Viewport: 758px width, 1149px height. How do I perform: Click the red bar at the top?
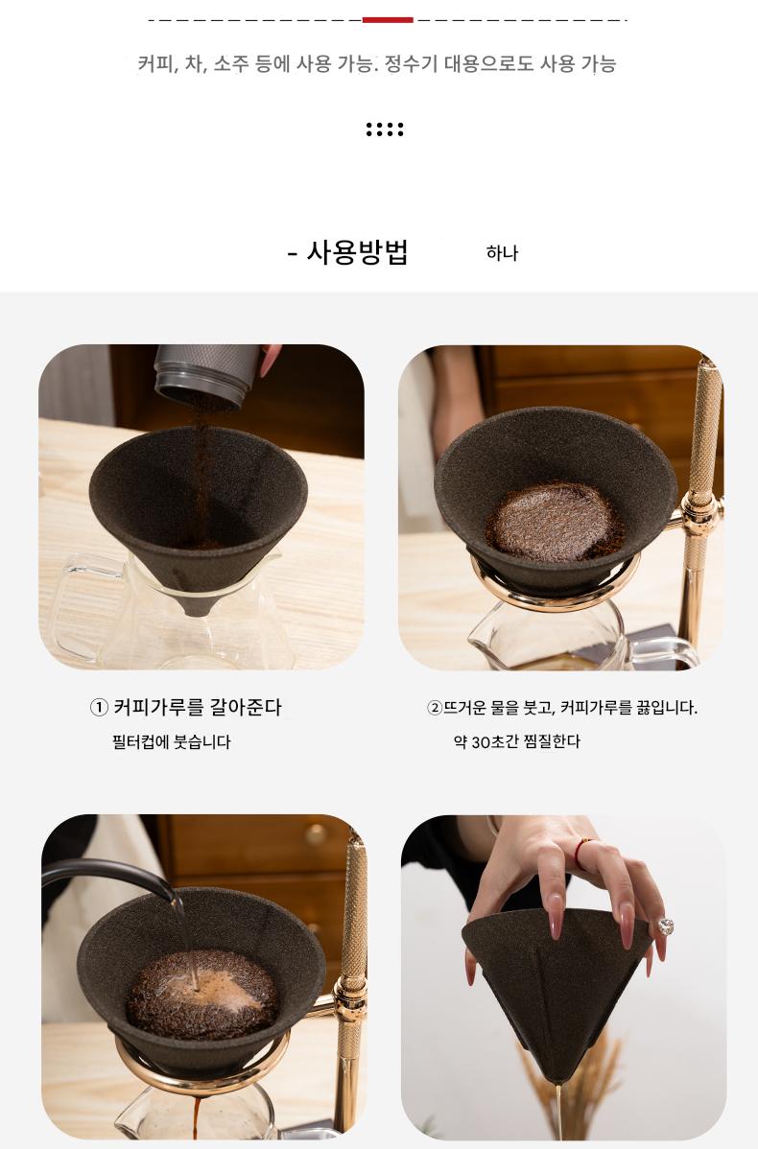tap(388, 20)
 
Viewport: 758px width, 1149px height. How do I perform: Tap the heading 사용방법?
tap(357, 252)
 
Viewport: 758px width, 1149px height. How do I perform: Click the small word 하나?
tap(502, 253)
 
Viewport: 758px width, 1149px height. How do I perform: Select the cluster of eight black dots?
tap(385, 129)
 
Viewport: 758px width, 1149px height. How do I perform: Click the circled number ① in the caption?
tap(99, 707)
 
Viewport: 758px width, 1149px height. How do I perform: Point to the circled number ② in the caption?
tap(434, 708)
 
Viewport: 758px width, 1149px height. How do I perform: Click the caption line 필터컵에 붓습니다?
tap(172, 741)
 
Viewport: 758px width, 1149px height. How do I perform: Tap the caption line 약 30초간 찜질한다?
tap(517, 741)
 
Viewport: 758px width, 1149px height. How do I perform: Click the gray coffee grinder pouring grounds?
tap(206, 374)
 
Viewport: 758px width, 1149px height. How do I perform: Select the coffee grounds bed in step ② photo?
tap(555, 521)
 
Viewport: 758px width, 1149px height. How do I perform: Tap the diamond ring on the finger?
tap(666, 926)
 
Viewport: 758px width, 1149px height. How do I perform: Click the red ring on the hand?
tap(580, 853)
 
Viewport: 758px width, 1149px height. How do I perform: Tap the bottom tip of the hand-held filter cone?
tap(557, 1082)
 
